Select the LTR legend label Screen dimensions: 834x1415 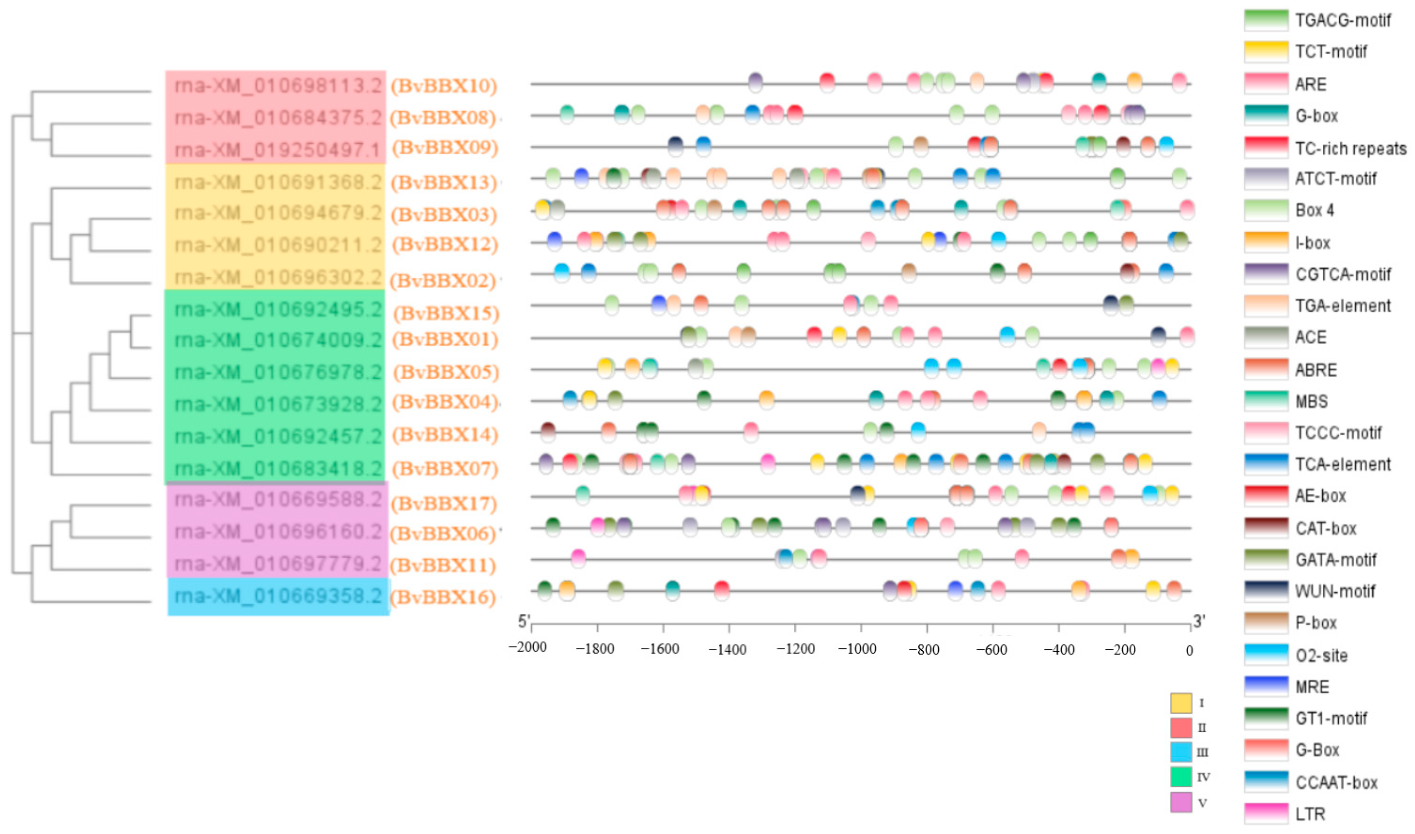click(1310, 814)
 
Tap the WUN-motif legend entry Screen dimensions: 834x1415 click(1335, 591)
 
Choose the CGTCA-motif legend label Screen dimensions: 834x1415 click(1342, 274)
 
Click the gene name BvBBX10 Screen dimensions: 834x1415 click(444, 86)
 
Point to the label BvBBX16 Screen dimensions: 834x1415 click(443, 597)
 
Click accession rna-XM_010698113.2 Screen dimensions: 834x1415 click(278, 86)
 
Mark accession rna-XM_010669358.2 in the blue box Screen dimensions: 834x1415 click(278, 596)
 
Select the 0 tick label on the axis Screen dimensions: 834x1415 click(1189, 651)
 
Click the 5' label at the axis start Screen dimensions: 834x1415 click(523, 622)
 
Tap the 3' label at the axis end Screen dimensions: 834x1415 click(1198, 622)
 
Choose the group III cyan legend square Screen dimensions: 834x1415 click(1181, 751)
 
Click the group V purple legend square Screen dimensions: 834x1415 click(1181, 802)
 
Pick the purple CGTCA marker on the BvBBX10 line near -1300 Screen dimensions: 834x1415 click(755, 82)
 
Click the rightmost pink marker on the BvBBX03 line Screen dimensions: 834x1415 click(1186, 209)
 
